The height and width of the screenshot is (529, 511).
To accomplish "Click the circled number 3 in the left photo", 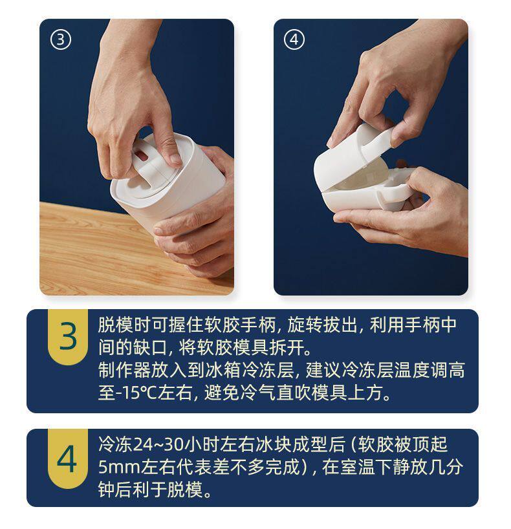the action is pos(61,40).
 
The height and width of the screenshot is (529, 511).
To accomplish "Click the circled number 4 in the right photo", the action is pos(294,40).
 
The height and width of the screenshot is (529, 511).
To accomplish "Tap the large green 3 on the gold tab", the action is pos(68,336).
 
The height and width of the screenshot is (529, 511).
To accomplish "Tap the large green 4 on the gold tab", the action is pos(67,459).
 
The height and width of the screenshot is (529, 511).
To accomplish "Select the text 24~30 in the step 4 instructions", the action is pos(158,444).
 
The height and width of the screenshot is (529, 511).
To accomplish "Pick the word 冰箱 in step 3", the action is pos(223,370).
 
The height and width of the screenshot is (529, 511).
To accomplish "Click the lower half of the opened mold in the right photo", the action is pos(368,199).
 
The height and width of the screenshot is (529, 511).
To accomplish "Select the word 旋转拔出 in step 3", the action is pos(322,325).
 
